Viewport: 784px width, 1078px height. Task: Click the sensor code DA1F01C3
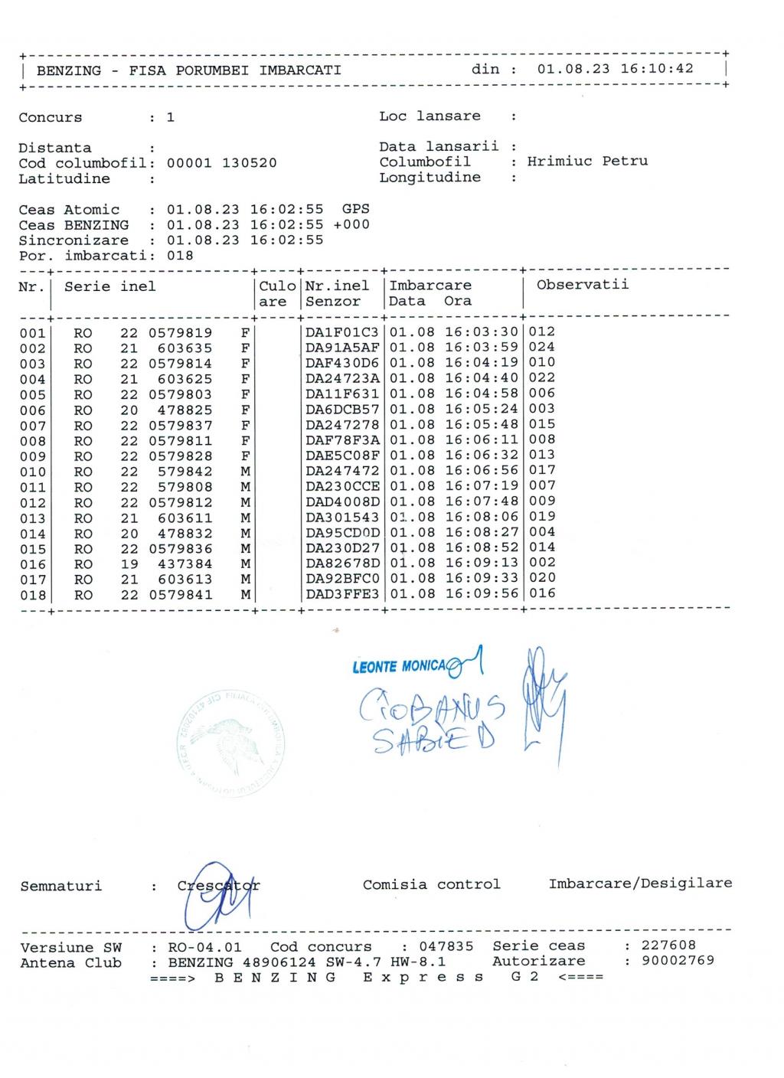342,332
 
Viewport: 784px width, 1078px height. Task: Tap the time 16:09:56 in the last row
482,593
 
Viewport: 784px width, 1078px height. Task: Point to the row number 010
33,472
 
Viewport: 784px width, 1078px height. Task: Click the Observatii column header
582,285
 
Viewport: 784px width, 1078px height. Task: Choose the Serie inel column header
109,286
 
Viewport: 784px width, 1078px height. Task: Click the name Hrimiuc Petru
587,162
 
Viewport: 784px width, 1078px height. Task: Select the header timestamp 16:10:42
657,69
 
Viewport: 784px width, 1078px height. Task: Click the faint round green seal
232,742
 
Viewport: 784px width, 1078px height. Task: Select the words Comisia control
431,884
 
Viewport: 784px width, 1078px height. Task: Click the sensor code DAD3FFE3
342,594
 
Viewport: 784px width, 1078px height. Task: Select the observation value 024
541,347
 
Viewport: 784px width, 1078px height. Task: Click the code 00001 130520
221,163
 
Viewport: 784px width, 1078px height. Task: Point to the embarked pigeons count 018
180,256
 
